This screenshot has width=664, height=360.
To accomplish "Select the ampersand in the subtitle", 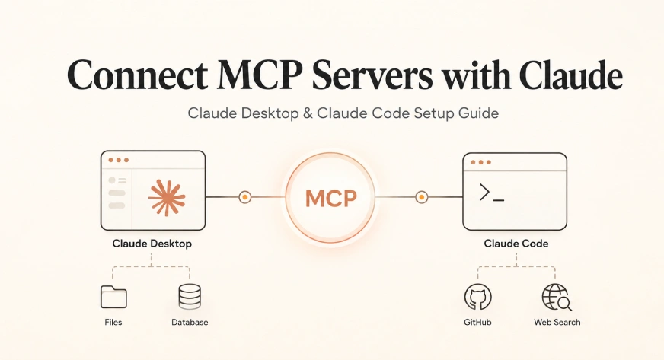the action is point(308,113).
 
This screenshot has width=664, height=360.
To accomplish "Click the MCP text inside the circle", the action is point(330,199).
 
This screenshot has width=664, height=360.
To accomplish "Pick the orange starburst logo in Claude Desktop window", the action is point(167,198).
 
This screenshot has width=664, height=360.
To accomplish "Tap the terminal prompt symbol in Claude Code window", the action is point(491,193).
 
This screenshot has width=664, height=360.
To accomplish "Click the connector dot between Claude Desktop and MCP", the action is point(244,197).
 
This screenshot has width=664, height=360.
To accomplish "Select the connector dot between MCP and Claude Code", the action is point(421,197).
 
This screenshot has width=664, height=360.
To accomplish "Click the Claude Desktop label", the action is point(152,244).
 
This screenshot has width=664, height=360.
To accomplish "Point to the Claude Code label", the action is point(516,244).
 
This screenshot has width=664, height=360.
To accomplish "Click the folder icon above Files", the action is point(113,297).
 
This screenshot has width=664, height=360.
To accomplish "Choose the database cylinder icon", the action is point(190,297).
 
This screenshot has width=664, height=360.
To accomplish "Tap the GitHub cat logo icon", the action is point(478,297).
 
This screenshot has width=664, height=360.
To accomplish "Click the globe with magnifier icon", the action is point(557,298).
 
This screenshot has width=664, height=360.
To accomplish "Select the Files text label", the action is point(113,323).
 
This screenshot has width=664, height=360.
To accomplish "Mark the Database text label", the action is point(190,323).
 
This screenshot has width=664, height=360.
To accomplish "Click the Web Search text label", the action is point(557,323).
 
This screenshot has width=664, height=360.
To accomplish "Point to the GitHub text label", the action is point(477,323).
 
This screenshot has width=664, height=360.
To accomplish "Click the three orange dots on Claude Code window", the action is point(480,162).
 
